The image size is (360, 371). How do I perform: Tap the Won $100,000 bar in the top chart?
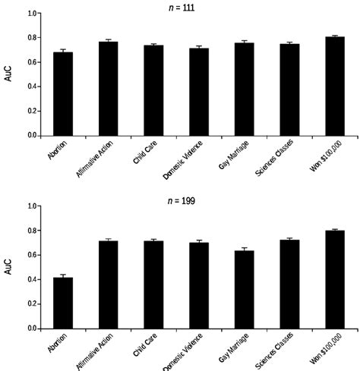pos(334,86)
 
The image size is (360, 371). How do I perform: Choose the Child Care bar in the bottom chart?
pos(153,285)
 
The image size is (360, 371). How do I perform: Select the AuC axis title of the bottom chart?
pos(9,268)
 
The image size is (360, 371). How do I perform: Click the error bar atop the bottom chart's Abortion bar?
pos(63,275)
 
